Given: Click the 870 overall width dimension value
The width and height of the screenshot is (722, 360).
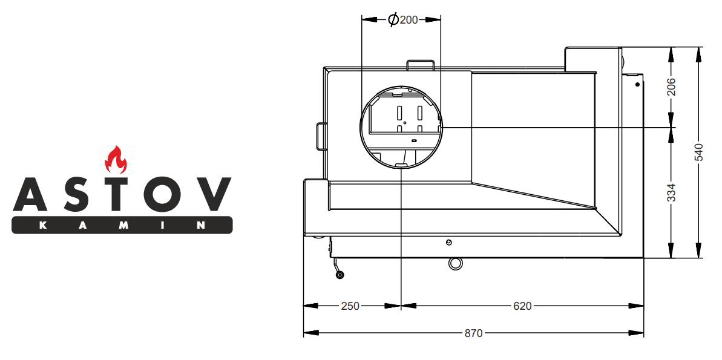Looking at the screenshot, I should pos(473,333).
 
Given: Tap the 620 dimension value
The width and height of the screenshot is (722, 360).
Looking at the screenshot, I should pos(522,306).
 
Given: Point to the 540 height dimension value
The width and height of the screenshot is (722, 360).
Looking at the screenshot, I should pos(699,152).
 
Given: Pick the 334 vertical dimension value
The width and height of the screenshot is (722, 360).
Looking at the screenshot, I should pos(671,192).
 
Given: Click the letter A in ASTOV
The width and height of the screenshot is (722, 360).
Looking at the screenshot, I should pos(29,194).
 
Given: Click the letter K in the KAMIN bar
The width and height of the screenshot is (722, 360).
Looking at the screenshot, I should pos(41,225).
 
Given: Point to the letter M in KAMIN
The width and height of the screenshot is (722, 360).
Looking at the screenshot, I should pos(122,225).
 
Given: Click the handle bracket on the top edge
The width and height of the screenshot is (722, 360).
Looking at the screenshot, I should pos(421,64).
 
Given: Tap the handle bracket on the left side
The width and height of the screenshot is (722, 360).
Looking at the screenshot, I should pos(321,136).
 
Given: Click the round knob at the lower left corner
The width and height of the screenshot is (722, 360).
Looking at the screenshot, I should pos(340,275).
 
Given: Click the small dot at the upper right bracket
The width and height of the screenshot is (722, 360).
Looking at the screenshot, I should pos(637,85).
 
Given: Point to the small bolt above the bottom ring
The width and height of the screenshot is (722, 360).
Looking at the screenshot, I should pos(448,243).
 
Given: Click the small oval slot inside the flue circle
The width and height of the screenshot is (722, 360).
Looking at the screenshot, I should pos(414,140).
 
